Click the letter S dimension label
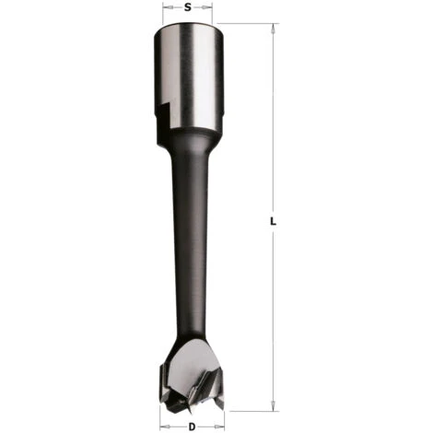tap(187, 7)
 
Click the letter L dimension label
tap(273, 221)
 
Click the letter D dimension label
tap(192, 427)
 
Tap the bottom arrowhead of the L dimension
tap(273, 406)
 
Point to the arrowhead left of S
tap(167, 7)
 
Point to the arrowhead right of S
tap(208, 7)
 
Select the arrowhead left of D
tap(165, 427)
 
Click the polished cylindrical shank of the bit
tap(189, 76)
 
